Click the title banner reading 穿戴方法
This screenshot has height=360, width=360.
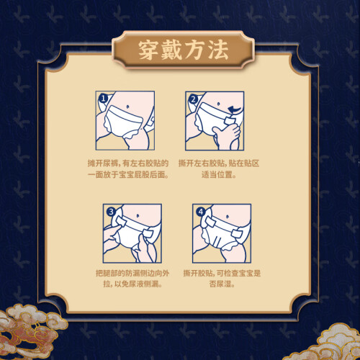pos(183,50)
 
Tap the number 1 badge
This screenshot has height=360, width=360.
pos(103,99)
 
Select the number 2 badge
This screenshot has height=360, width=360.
pos(193,99)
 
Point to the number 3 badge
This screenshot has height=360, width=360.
pos(111,212)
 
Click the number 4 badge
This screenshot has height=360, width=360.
pos(201,212)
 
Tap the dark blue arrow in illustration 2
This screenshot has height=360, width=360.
pos(234,110)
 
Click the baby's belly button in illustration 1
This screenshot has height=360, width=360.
pos(127,105)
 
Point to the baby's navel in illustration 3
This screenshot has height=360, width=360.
pos(138,215)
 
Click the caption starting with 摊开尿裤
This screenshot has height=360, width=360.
pos(128,169)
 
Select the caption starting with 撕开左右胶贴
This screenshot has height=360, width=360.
pos(219,169)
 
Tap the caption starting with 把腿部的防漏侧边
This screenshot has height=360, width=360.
pos(132,279)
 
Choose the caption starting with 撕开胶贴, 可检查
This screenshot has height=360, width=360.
pos(222,279)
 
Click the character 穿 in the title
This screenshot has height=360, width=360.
pos(148,50)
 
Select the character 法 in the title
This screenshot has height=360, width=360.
pos(218,50)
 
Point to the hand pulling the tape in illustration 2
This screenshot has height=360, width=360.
pos(227,135)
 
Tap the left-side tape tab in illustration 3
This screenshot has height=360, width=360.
pos(120,221)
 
